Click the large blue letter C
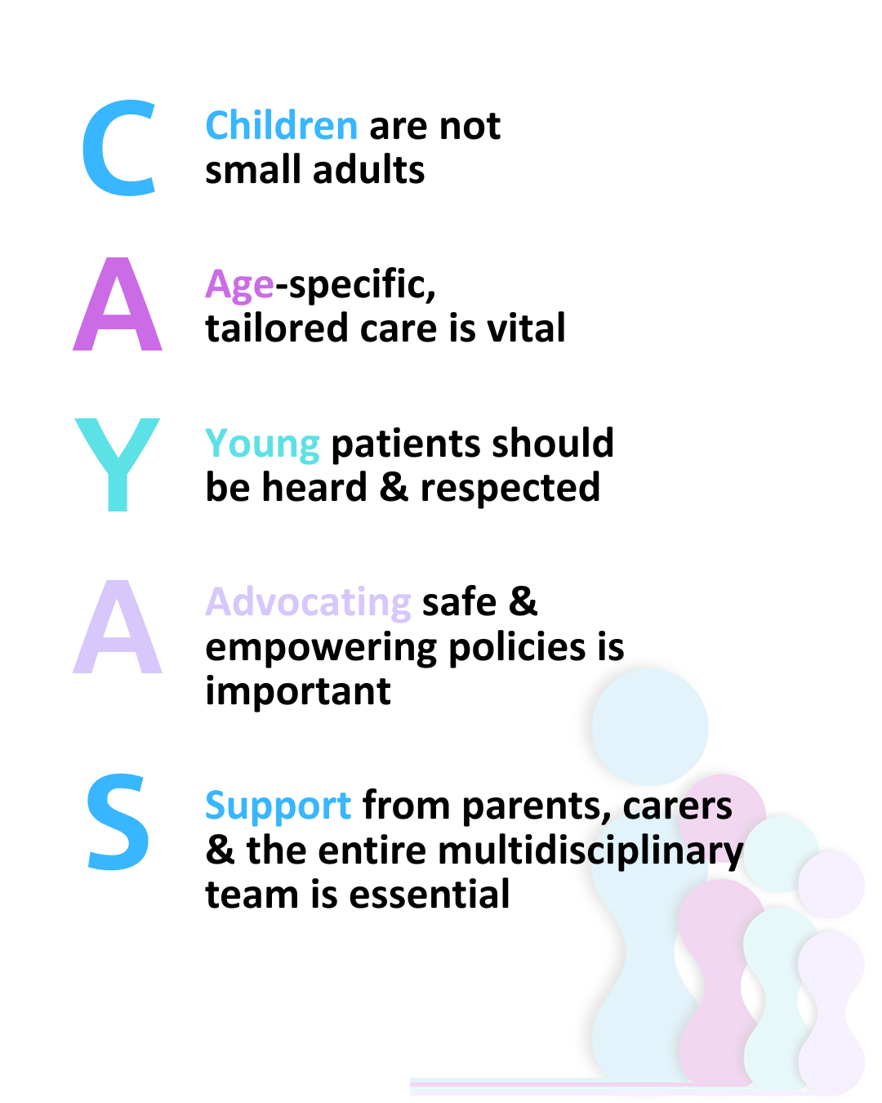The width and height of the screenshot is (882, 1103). pyautogui.click(x=119, y=149)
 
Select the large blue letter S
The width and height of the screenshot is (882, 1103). pyautogui.click(x=118, y=823)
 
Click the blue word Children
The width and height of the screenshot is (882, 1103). pyautogui.click(x=281, y=126)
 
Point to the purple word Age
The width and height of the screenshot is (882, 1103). pyautogui.click(x=239, y=285)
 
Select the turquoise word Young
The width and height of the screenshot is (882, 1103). pyautogui.click(x=262, y=444)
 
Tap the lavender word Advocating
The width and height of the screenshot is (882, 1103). pyautogui.click(x=308, y=602)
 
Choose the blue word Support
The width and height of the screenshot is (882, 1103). pyautogui.click(x=278, y=806)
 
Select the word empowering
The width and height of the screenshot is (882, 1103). pyautogui.click(x=322, y=648)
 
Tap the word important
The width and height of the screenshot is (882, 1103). pyautogui.click(x=298, y=691)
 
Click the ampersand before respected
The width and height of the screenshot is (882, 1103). pyautogui.click(x=394, y=488)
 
